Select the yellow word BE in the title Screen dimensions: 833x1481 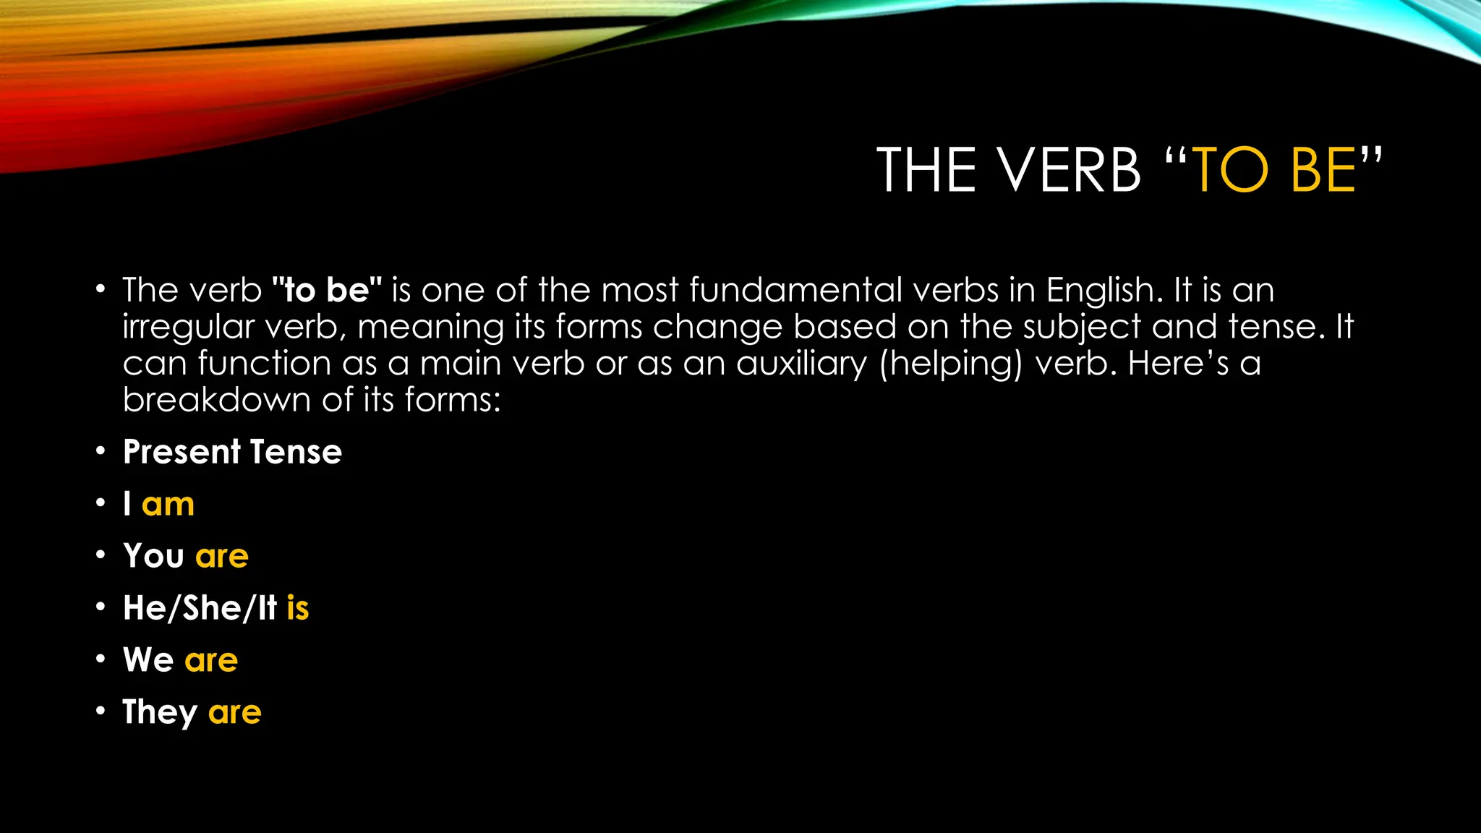[x=1323, y=171]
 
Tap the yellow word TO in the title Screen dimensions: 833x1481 [x=1230, y=171]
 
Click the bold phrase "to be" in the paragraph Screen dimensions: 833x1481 [x=327, y=290]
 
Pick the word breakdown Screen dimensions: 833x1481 [x=216, y=399]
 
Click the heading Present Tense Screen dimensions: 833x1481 [x=232, y=452]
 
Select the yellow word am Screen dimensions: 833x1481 [x=168, y=504]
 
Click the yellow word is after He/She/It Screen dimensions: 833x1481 [x=297, y=608]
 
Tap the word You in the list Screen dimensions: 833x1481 [x=153, y=556]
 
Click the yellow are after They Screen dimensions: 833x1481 [x=234, y=713]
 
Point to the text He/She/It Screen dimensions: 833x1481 [x=200, y=608]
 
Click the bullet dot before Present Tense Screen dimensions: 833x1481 [x=101, y=452]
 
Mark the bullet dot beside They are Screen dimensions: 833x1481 [x=101, y=712]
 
